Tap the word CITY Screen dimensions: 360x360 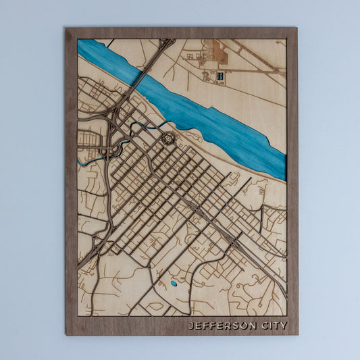(274, 326)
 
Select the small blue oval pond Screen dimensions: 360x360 (174, 284)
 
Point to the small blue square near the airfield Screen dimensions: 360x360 (221, 76)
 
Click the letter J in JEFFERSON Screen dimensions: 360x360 (191, 326)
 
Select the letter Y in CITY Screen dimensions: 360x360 (284, 326)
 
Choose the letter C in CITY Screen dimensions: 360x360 (263, 326)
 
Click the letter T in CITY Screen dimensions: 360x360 (276, 326)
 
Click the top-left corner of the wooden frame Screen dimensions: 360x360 (66, 28)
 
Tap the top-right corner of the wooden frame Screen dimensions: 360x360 (297, 28)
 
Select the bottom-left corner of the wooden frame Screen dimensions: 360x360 (66, 335)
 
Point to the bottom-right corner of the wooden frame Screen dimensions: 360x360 (297, 335)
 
